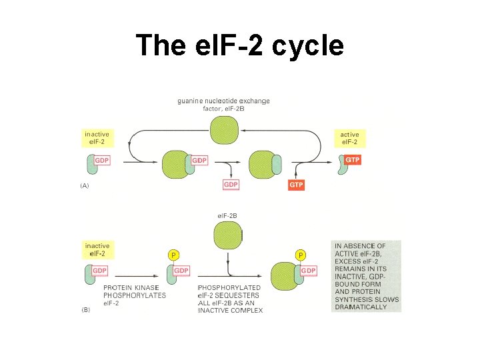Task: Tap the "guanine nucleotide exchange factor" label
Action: (223, 105)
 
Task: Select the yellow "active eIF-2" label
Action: (349, 138)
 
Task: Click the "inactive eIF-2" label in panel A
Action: (97, 138)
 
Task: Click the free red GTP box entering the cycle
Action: (296, 185)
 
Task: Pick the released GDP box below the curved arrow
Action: (230, 185)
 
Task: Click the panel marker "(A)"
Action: (85, 186)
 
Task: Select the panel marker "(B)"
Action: (85, 310)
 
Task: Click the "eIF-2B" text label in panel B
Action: (228, 215)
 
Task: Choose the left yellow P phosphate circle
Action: (173, 255)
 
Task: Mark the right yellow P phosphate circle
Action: (301, 255)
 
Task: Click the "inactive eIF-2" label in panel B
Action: (97, 250)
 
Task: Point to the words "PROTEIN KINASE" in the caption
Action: (130, 288)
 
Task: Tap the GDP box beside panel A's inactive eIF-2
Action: (101, 161)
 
